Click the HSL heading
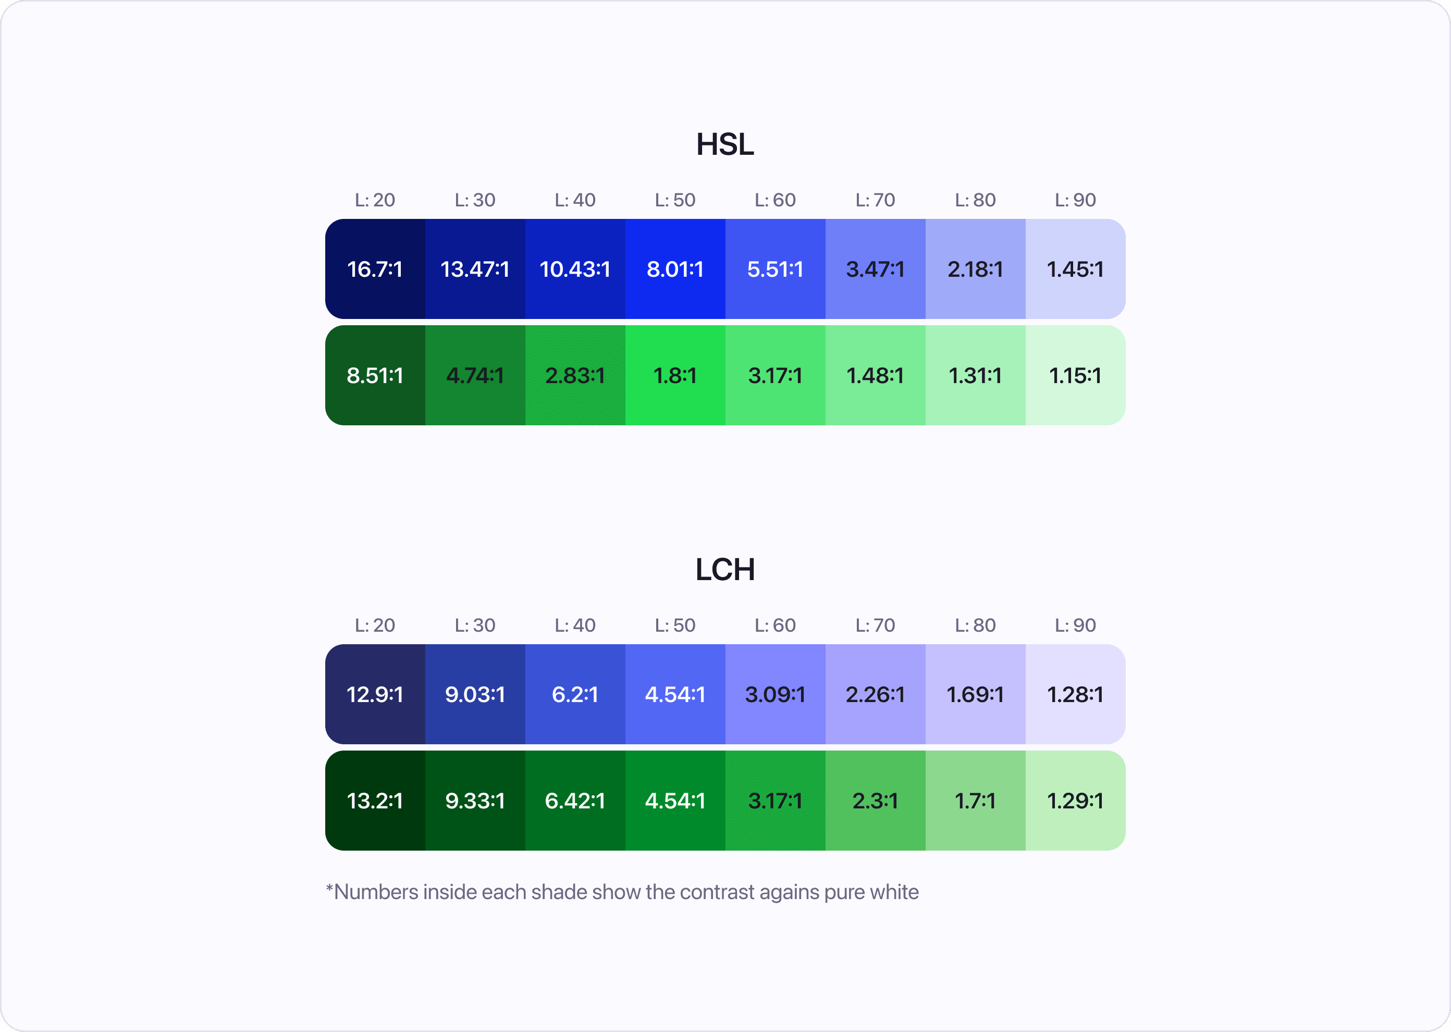tap(725, 144)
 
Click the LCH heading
tap(725, 569)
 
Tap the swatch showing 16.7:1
tap(375, 269)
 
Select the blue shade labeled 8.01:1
tap(674, 269)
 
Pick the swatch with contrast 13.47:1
tap(475, 269)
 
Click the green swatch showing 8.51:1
tap(375, 376)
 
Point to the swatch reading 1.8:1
tap(674, 376)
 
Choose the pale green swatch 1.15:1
tap(1075, 376)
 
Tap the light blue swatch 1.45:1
tap(1075, 269)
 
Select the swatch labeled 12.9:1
tap(375, 694)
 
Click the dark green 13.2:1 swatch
tap(375, 801)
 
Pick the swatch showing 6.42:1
tap(575, 801)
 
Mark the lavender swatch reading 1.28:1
tap(1075, 694)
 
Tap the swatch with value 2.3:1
tap(875, 801)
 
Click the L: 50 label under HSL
tap(674, 200)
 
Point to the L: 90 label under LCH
tap(1075, 625)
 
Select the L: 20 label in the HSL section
tap(375, 200)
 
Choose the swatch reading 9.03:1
tap(475, 694)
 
